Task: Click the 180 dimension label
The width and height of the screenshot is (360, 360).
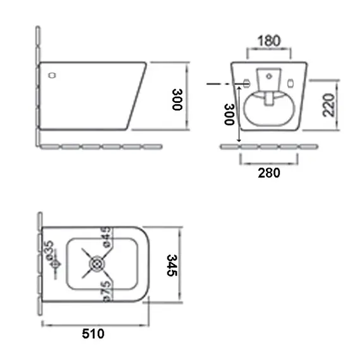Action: (269, 41)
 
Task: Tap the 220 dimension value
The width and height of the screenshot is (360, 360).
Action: (328, 105)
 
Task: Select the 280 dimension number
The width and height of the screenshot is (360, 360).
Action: (269, 173)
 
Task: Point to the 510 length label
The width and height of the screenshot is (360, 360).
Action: (93, 333)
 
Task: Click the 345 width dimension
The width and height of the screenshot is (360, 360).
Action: (172, 265)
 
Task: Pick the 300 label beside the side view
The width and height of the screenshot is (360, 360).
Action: (177, 99)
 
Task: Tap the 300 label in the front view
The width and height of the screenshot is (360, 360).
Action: (229, 114)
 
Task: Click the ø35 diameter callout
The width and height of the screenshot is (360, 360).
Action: (50, 251)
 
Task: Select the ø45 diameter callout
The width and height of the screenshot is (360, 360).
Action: (107, 237)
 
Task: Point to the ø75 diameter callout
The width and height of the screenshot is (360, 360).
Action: (107, 291)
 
